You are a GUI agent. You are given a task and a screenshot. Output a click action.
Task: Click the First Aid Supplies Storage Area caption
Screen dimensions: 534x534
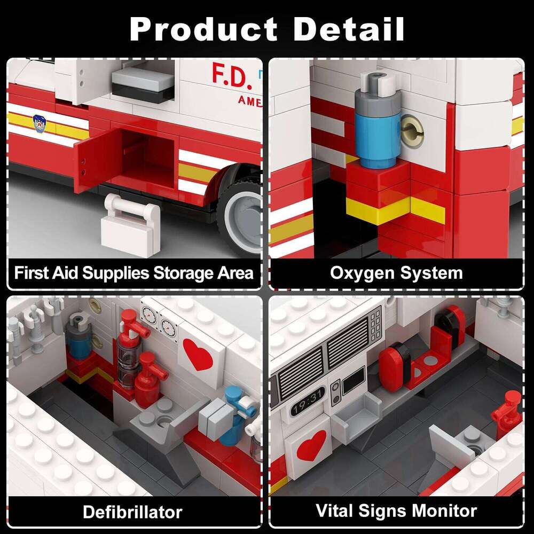(x=133, y=273)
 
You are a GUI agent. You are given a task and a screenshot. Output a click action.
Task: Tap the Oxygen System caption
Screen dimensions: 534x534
(x=396, y=273)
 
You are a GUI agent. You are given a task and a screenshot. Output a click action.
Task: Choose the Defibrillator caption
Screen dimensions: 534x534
(x=132, y=512)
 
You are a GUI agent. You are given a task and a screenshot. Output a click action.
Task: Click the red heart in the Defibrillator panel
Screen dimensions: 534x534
(x=198, y=354)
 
